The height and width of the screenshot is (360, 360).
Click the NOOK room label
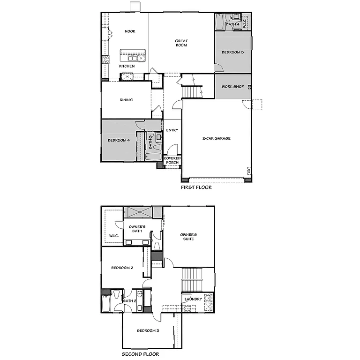click(x=130, y=31)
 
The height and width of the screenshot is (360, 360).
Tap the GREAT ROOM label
click(x=181, y=43)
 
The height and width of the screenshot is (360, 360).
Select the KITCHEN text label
click(x=127, y=66)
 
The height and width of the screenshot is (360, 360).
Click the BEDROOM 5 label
click(x=233, y=52)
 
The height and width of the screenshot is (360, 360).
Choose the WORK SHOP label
click(x=233, y=87)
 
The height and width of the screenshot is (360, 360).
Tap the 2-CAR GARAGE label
click(x=216, y=138)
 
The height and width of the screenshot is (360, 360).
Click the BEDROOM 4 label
click(x=118, y=140)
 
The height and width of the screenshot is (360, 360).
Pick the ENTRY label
click(x=172, y=130)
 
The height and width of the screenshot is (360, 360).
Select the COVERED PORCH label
click(x=172, y=160)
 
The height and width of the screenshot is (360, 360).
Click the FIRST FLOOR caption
click(x=196, y=187)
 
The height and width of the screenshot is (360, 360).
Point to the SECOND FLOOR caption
click(x=140, y=354)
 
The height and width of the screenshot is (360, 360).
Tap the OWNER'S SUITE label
click(x=188, y=236)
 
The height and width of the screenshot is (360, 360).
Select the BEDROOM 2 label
click(x=122, y=268)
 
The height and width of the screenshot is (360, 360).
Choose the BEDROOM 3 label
click(x=148, y=331)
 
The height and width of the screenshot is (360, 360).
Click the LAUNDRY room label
click(x=193, y=299)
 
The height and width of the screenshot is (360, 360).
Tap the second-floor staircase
click(x=191, y=279)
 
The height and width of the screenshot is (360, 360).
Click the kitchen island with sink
click(x=133, y=55)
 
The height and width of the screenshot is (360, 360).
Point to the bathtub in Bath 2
click(x=105, y=304)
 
